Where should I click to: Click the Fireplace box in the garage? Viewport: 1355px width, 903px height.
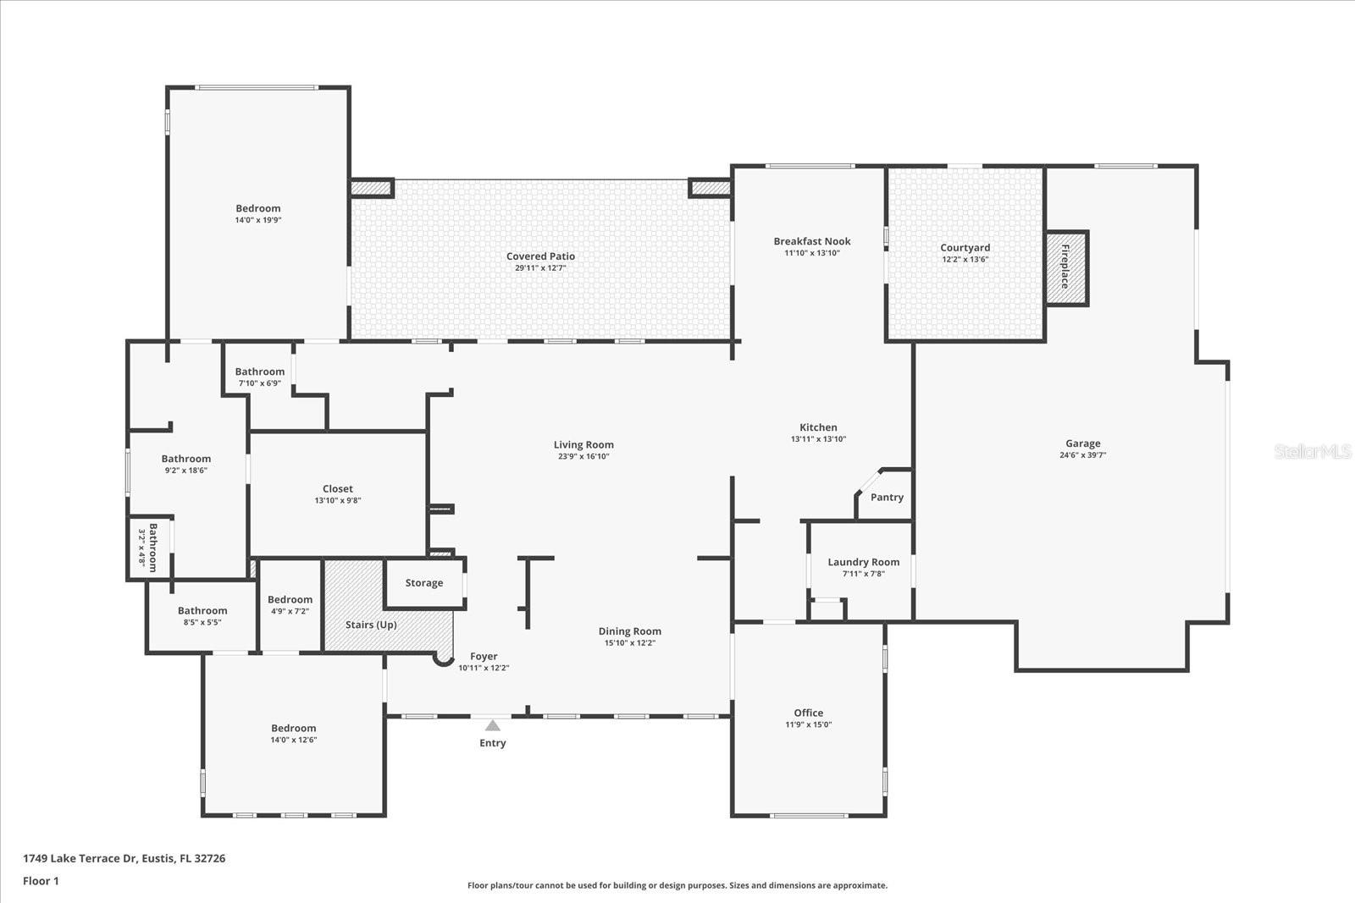pyautogui.click(x=1066, y=268)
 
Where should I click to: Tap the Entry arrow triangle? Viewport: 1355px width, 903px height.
pyautogui.click(x=492, y=726)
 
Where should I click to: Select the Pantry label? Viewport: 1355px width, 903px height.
pyautogui.click(x=887, y=497)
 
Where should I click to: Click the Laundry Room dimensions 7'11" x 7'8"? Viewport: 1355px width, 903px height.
pyautogui.click(x=863, y=574)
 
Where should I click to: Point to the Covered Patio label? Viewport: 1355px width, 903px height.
pyautogui.click(x=540, y=256)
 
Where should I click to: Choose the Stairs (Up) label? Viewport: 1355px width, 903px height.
pyautogui.click(x=371, y=625)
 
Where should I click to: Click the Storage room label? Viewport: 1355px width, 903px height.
pyautogui.click(x=423, y=582)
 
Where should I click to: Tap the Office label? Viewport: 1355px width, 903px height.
pyautogui.click(x=808, y=713)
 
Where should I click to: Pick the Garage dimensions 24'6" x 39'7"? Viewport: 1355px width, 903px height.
pyautogui.click(x=1082, y=455)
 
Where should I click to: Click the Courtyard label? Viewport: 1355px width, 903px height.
pyautogui.click(x=965, y=248)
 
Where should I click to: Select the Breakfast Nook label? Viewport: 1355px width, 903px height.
pyautogui.click(x=811, y=241)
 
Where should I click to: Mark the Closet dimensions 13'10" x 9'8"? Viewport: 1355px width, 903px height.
pyautogui.click(x=337, y=501)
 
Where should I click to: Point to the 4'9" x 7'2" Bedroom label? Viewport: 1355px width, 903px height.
pyautogui.click(x=290, y=599)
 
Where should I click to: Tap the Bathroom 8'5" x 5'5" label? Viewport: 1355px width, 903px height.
pyautogui.click(x=202, y=610)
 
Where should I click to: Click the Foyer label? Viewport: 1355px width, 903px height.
pyautogui.click(x=484, y=656)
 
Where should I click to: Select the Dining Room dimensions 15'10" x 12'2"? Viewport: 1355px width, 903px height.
pyautogui.click(x=629, y=643)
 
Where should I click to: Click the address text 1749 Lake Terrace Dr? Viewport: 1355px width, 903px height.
pyautogui.click(x=80, y=858)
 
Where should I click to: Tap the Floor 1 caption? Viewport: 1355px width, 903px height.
pyautogui.click(x=41, y=881)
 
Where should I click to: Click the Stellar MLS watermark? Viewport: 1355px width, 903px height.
pyautogui.click(x=1312, y=452)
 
